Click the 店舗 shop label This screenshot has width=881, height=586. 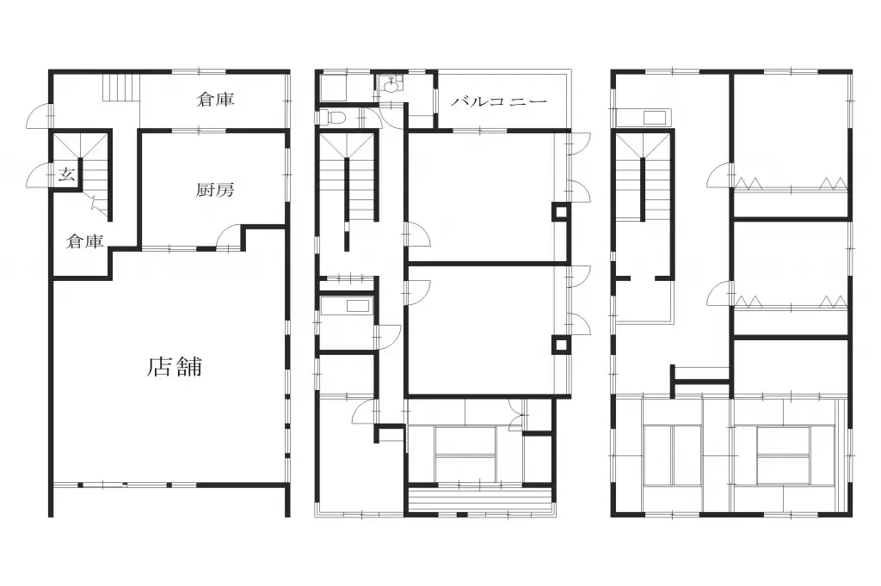[x=175, y=367]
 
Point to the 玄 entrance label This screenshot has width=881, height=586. [x=65, y=175]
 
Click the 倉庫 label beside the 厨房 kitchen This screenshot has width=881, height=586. [x=85, y=242]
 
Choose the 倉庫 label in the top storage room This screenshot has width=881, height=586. [x=215, y=100]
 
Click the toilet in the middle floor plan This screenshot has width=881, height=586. [x=336, y=117]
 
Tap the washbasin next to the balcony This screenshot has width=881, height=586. [x=392, y=84]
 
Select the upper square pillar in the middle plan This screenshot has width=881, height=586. [x=559, y=211]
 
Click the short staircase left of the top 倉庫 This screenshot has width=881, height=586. [x=120, y=88]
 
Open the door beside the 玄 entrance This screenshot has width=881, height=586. [x=40, y=175]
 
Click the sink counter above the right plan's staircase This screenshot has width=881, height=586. [x=644, y=118]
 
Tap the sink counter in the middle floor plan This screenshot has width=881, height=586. [x=346, y=306]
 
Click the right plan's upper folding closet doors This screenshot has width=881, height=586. [x=791, y=183]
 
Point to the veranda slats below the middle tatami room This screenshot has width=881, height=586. [x=478, y=499]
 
